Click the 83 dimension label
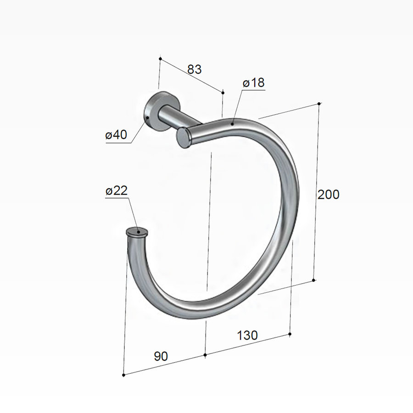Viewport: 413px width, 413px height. pyautogui.click(x=194, y=69)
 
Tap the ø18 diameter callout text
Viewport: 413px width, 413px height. pyautogui.click(x=253, y=83)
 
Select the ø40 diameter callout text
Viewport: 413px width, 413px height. pyautogui.click(x=116, y=135)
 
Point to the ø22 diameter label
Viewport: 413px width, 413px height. pyautogui.click(x=116, y=191)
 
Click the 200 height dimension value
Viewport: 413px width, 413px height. pyautogui.click(x=329, y=195)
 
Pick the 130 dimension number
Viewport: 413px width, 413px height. pyautogui.click(x=247, y=335)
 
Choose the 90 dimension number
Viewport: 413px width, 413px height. pyautogui.click(x=161, y=356)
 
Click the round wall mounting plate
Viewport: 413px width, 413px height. pyautogui.click(x=153, y=112)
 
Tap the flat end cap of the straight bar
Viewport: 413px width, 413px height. pyautogui.click(x=183, y=138)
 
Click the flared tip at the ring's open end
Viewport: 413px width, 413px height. pyautogui.click(x=136, y=233)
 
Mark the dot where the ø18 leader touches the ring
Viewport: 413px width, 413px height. pyautogui.click(x=233, y=123)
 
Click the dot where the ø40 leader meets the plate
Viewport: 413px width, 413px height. pyautogui.click(x=147, y=117)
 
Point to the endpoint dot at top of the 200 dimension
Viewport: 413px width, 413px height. pyautogui.click(x=319, y=103)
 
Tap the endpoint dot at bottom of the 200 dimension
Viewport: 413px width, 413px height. pyautogui.click(x=313, y=280)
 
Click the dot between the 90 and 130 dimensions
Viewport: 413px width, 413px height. pyautogui.click(x=205, y=355)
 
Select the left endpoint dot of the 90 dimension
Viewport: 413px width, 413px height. pyautogui.click(x=124, y=375)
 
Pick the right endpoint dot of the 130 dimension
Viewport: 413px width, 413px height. pyautogui.click(x=290, y=334)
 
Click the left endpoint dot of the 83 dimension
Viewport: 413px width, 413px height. pyautogui.click(x=160, y=59)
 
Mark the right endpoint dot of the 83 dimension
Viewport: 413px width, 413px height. pyautogui.click(x=223, y=93)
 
